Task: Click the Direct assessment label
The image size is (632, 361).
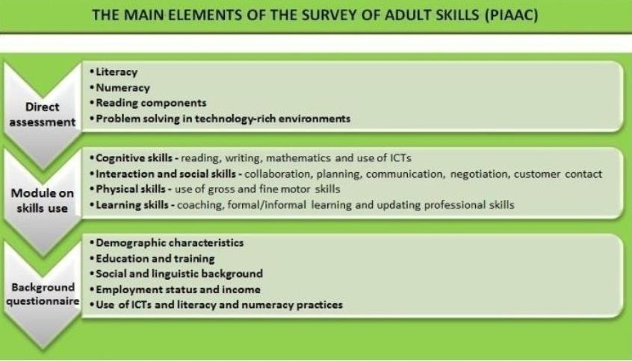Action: pyautogui.click(x=43, y=114)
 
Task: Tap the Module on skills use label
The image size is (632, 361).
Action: pyautogui.click(x=43, y=201)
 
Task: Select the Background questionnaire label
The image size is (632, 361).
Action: pyautogui.click(x=43, y=294)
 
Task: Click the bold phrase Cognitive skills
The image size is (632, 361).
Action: pyautogui.click(x=134, y=158)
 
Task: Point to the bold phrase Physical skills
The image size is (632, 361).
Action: pyautogui.click(x=131, y=189)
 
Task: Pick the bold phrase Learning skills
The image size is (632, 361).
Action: pyautogui.click(x=132, y=205)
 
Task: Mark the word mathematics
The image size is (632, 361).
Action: pyautogui.click(x=298, y=158)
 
